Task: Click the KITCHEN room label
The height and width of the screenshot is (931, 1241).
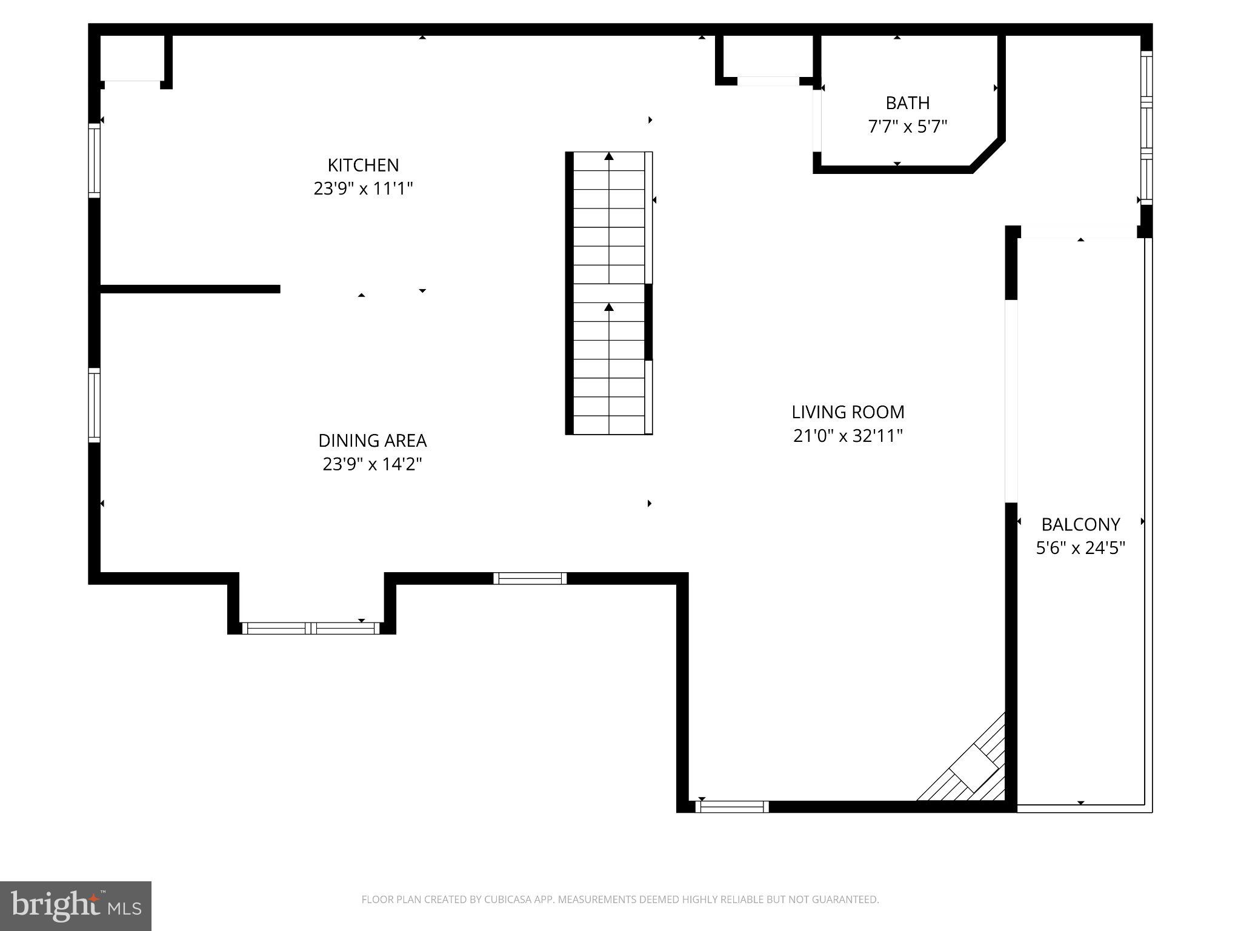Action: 363,165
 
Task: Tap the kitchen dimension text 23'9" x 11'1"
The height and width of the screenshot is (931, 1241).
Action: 363,189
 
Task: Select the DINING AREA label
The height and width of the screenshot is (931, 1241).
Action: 372,440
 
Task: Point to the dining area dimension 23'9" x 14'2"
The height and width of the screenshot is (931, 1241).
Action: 372,464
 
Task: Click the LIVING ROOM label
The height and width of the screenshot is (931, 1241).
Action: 848,412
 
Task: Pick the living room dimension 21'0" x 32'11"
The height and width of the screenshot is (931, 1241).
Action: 848,436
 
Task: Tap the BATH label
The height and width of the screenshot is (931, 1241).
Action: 907,103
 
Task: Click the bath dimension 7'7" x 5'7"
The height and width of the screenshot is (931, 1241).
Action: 907,127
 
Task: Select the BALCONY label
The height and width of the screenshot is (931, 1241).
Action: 1080,524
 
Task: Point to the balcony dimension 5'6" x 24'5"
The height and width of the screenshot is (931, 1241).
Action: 1080,548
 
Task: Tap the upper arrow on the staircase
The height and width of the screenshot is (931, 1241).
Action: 609,157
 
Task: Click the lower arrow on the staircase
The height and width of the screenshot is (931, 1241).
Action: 609,308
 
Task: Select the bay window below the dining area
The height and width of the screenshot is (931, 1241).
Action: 311,628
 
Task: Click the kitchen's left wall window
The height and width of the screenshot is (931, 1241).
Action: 94,161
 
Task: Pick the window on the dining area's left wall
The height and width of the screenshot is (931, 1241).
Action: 94,405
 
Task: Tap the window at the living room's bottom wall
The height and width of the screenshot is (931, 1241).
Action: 732,807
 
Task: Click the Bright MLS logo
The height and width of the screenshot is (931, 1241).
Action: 75,906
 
